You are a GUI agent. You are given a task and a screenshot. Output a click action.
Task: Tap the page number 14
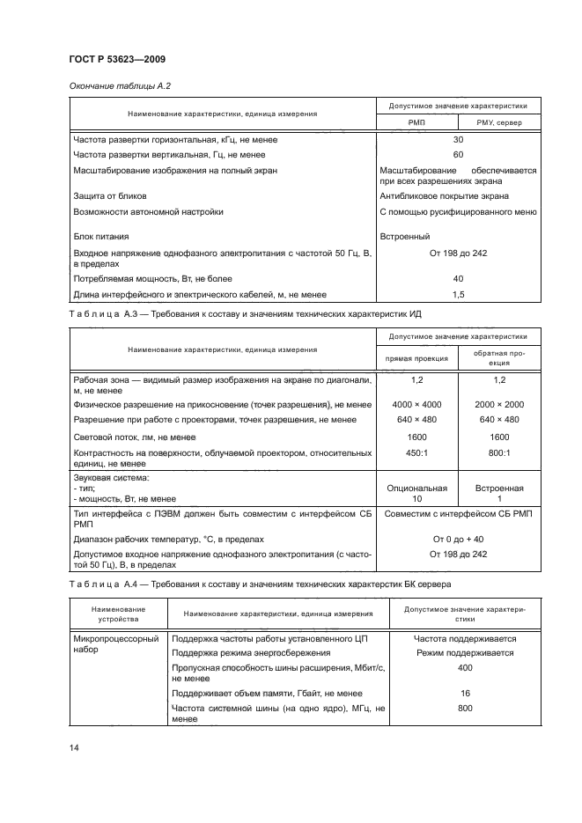tap(74, 747)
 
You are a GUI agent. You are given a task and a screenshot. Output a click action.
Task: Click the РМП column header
tap(416, 123)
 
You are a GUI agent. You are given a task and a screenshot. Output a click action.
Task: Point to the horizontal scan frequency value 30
tap(457, 140)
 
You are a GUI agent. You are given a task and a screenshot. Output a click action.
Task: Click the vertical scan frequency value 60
tap(457, 154)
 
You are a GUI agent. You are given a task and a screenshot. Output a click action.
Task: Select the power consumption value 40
tap(457, 277)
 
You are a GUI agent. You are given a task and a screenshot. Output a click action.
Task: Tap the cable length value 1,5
tap(457, 295)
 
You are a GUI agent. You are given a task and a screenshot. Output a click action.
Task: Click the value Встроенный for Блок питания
tap(405, 236)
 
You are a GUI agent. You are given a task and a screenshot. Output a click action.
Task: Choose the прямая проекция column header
tap(417, 358)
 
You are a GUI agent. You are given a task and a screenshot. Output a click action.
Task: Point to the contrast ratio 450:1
tap(417, 452)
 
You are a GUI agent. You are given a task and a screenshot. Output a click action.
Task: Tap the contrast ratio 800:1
tap(499, 452)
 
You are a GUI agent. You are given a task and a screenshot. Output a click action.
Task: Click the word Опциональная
tap(417, 488)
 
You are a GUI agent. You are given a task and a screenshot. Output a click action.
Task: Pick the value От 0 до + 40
tap(457, 538)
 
